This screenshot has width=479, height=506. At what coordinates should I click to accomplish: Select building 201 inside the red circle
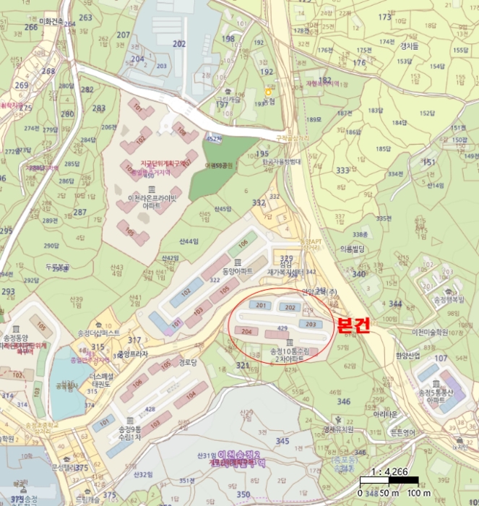tap(261, 306)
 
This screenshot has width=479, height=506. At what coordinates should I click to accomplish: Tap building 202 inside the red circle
tap(290, 308)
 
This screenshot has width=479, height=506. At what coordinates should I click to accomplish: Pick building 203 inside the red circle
tap(311, 324)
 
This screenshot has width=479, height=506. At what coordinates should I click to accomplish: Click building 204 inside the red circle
tap(247, 331)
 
